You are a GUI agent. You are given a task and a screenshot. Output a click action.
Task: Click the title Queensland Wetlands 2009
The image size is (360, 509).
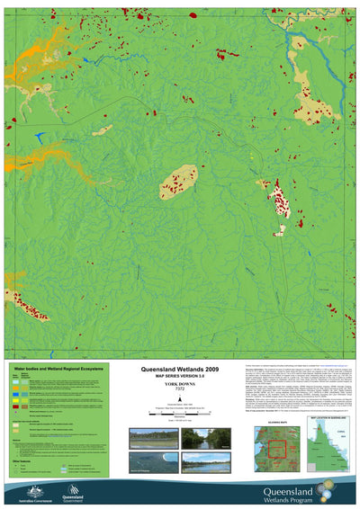[x=179, y=369]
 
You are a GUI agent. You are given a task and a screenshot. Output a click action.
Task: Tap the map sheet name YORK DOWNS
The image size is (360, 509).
[x=179, y=385]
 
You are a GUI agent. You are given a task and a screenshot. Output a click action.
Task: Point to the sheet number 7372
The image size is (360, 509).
[x=179, y=390]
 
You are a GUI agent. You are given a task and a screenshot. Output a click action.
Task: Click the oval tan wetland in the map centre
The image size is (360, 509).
[x=178, y=182]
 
